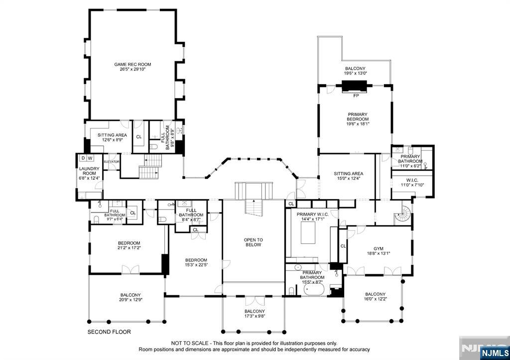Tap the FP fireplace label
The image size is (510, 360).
356,96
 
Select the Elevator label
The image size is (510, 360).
112,162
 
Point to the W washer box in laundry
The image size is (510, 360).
90,158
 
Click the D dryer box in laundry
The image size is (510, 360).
83,158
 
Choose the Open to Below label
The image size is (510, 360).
254,242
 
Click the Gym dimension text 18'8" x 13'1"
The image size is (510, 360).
379,253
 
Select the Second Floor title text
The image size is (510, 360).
109,332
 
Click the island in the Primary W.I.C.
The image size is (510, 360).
308,233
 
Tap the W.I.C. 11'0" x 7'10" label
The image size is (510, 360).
412,183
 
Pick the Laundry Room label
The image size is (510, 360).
89,173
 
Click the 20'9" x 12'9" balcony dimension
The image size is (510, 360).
131,300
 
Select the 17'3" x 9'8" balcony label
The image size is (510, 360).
255,314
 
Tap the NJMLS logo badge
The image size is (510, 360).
494,353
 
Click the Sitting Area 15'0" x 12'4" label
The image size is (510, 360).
348,176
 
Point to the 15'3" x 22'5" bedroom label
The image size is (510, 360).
196,262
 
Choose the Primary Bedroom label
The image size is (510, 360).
358,119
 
